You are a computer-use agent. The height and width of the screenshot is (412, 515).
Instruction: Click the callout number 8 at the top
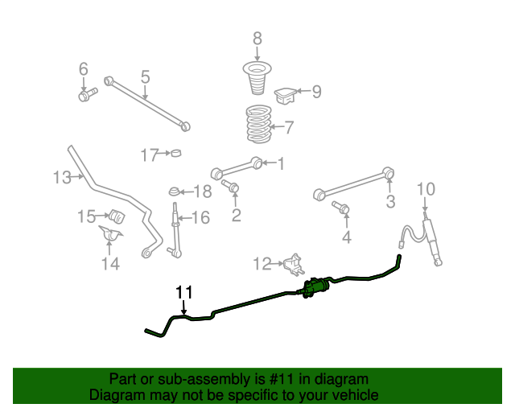coord(257,38)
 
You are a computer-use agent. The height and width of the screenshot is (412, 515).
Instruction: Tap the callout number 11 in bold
coord(184,291)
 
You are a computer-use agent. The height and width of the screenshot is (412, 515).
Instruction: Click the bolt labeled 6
coord(85,96)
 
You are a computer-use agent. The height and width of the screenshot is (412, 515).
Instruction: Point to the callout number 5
coord(145,76)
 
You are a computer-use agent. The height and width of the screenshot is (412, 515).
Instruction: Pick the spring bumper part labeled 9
coord(286,96)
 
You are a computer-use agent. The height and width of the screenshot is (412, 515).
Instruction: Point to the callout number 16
coord(200,217)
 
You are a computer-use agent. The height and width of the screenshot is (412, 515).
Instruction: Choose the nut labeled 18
coord(175,192)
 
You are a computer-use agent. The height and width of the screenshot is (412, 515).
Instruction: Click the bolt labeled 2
coord(233,188)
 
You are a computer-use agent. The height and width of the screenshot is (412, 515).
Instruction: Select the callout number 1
coord(282,164)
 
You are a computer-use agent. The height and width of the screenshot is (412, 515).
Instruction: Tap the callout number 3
coord(390,202)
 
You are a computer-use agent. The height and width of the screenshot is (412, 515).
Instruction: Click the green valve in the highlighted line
coord(315,287)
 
